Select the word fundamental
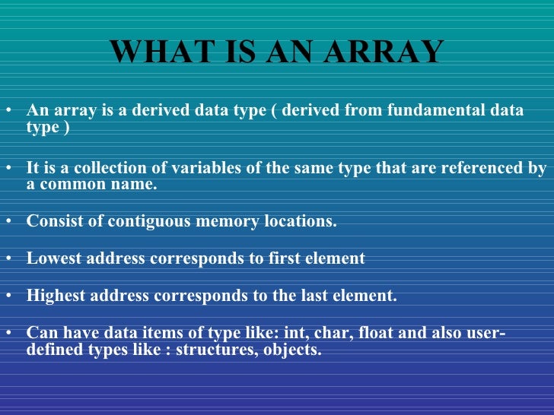(433, 110)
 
